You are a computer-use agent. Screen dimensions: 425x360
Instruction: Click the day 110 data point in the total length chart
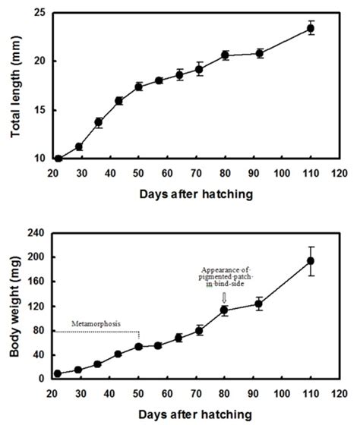point(310,29)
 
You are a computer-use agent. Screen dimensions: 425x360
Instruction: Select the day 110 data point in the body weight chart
point(310,261)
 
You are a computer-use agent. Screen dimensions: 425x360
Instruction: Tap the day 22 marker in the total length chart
point(58,159)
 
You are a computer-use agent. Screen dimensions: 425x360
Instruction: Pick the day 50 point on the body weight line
point(139,347)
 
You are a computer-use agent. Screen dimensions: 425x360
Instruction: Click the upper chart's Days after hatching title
point(196,194)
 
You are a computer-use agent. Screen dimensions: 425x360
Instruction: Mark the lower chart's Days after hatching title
point(196,414)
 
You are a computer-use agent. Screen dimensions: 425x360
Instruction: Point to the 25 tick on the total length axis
point(39,13)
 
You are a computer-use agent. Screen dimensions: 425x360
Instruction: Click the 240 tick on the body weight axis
point(34,234)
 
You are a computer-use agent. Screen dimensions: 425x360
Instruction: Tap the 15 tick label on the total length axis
point(39,110)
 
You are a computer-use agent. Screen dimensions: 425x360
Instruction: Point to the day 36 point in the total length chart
point(99,122)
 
